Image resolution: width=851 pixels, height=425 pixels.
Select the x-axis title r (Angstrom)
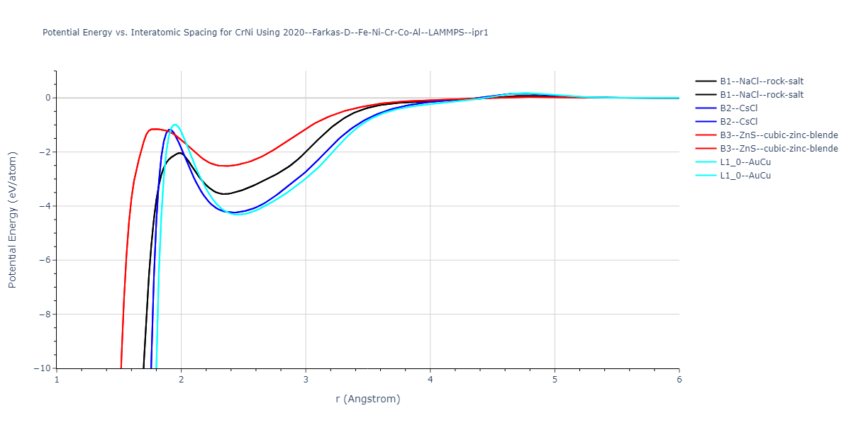[x=367, y=399]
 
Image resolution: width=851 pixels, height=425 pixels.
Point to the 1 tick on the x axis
[x=57, y=380]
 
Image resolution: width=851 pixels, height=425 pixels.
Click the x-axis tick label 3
[x=306, y=380]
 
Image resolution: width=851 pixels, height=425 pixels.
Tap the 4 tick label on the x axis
[x=430, y=380]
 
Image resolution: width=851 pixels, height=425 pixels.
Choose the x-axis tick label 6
[x=679, y=380]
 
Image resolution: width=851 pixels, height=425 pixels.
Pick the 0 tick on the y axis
[x=46, y=98]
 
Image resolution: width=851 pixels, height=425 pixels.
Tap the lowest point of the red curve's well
[x=226, y=166]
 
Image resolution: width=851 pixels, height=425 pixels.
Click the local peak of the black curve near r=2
[x=179, y=152]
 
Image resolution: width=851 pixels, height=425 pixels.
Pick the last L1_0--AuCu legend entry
[x=745, y=176]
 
